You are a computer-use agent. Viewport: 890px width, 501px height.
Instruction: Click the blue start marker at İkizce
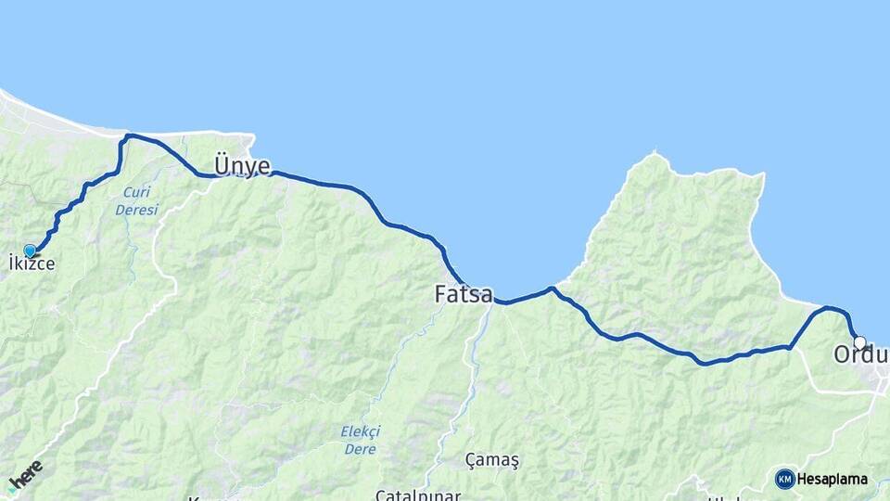pyautogui.click(x=30, y=250)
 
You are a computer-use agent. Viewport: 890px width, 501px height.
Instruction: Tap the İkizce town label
pyautogui.click(x=32, y=264)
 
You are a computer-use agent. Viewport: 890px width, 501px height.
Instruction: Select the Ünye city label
pyautogui.click(x=242, y=166)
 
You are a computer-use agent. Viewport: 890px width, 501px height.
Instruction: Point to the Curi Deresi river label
pyautogui.click(x=136, y=201)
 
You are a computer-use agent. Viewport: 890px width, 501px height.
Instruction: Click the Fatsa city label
pyautogui.click(x=464, y=294)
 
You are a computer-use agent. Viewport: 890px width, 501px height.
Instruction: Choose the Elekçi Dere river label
pyautogui.click(x=359, y=440)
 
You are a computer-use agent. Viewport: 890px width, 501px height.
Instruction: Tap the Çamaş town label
pyautogui.click(x=492, y=460)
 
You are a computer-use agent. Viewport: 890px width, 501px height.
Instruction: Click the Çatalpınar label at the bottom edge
pyautogui.click(x=417, y=494)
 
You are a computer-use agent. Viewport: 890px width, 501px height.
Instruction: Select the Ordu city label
pyautogui.click(x=860, y=355)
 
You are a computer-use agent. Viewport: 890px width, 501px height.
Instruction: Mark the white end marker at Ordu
pyautogui.click(x=859, y=341)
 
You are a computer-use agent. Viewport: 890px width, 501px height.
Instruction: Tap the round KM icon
pyautogui.click(x=784, y=479)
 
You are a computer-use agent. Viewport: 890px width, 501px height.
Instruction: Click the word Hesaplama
pyautogui.click(x=833, y=479)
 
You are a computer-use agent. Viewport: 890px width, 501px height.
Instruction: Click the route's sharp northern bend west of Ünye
pyautogui.click(x=127, y=136)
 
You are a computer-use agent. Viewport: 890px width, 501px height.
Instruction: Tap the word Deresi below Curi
pyautogui.click(x=136, y=210)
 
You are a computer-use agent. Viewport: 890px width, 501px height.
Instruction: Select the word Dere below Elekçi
pyautogui.click(x=359, y=449)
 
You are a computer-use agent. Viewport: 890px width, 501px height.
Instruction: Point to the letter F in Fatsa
pyautogui.click(x=441, y=294)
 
